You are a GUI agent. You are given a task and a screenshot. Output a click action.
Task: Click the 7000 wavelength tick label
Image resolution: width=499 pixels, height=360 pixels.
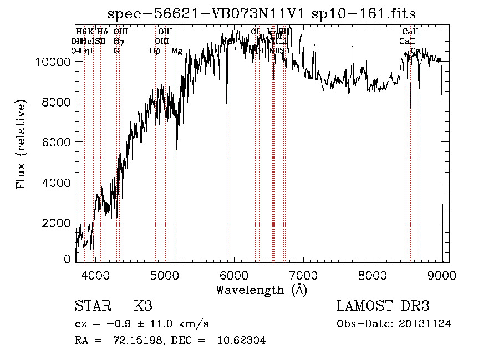click(x=303, y=275)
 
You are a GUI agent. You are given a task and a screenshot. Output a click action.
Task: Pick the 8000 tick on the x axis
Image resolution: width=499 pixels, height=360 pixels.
click(x=373, y=275)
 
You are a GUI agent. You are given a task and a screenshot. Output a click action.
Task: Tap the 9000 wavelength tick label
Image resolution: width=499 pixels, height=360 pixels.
click(x=442, y=275)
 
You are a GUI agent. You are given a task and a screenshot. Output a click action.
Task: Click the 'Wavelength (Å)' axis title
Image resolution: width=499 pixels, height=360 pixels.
click(x=261, y=290)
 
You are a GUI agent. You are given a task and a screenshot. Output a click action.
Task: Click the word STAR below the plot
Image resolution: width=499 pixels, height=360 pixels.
click(x=90, y=306)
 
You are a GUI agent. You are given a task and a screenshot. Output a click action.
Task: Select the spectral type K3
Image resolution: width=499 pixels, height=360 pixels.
click(x=143, y=306)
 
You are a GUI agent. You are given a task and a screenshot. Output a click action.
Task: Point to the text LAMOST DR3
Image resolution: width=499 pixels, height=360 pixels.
click(x=383, y=306)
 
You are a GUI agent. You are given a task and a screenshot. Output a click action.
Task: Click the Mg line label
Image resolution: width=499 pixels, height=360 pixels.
click(x=177, y=51)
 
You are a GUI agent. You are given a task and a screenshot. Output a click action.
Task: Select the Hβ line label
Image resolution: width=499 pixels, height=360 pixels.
click(x=155, y=51)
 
